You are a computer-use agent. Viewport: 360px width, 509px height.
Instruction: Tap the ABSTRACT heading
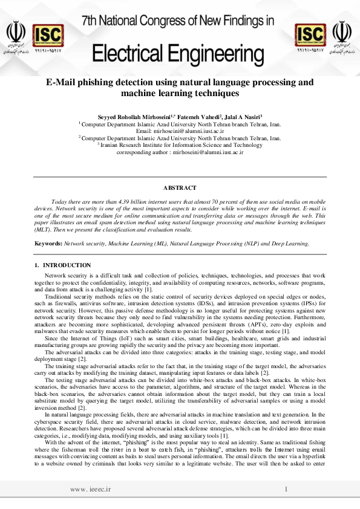coord(180,188)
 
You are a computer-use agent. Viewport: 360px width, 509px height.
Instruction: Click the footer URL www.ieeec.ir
coord(95,488)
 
